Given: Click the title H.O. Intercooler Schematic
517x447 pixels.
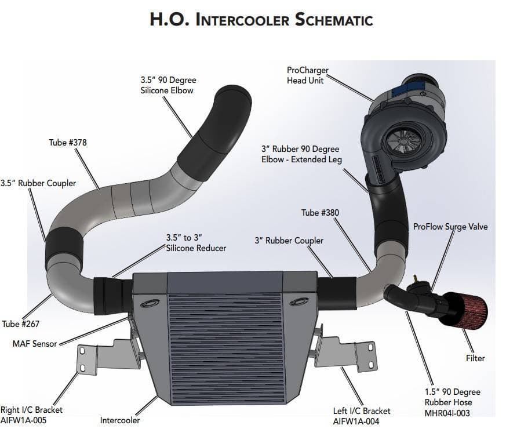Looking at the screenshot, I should pos(261,19).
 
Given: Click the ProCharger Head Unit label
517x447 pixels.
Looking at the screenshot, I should pos(307,75).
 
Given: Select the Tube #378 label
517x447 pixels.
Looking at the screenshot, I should pos(68,142).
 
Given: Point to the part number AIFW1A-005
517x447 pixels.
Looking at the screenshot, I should pos(23,420).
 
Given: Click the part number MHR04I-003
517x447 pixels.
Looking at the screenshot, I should pos(447,413).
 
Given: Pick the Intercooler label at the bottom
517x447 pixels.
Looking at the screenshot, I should pos(120,420).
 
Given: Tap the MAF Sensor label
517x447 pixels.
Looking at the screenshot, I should pos(35,344).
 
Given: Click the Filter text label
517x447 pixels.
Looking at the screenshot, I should pos(475,358).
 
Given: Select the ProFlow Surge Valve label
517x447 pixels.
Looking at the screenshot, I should pos(450,227).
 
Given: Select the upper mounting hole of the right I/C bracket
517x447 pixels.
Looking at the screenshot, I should pos(83,351).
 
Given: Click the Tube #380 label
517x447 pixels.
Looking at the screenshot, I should pos(320,213).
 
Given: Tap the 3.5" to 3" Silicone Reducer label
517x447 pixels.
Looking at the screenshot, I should pos(196,243).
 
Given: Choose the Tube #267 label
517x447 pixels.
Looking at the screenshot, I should pos(20,324).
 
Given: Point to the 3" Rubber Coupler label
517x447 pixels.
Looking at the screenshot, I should pos(289,241).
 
